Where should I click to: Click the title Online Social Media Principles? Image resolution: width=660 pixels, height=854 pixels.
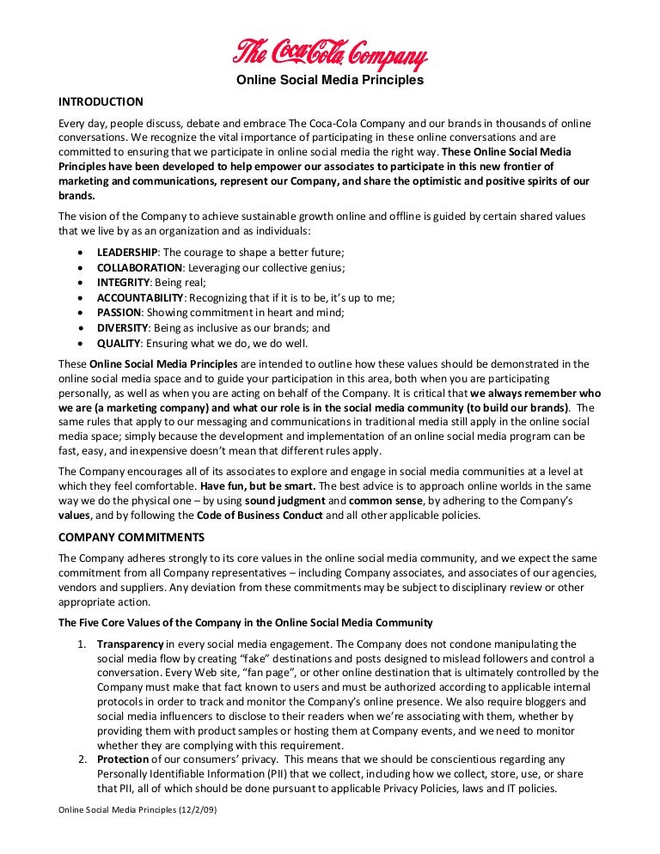tap(330, 81)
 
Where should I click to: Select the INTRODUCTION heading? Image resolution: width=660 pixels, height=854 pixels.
tap(101, 101)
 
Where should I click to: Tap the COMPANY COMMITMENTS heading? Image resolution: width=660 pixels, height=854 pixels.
tap(131, 537)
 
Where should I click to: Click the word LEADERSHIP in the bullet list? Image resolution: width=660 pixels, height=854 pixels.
tap(127, 252)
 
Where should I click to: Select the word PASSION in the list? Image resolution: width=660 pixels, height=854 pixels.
tap(118, 313)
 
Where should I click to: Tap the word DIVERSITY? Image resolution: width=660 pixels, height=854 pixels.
tap(122, 327)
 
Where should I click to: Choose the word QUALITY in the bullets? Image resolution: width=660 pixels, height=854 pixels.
tap(118, 343)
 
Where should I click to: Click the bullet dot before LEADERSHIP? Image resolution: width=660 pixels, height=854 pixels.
tap(80, 253)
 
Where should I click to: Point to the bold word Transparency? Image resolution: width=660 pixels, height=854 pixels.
tap(130, 644)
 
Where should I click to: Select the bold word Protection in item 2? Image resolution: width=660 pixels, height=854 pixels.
tap(123, 759)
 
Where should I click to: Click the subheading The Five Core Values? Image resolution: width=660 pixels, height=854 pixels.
tap(245, 622)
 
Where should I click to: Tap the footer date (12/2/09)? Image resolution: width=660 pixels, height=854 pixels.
tap(195, 810)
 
